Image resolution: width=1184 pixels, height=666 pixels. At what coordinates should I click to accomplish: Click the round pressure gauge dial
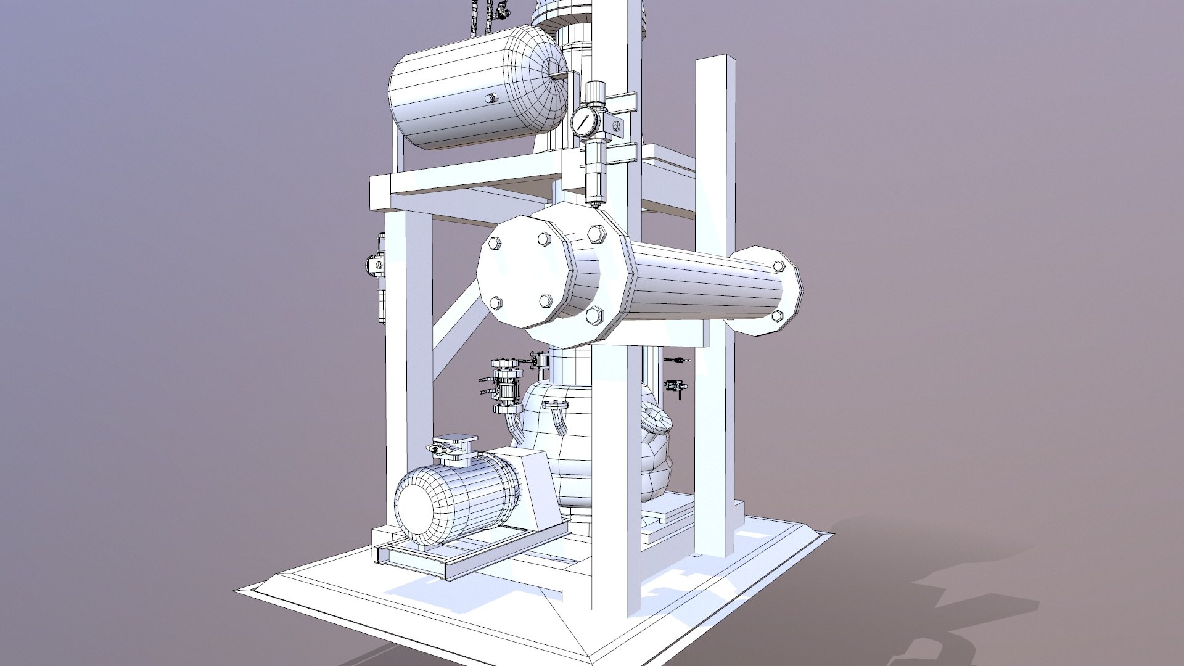(583, 121)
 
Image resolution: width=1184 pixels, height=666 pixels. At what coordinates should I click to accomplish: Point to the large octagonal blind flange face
(521, 271)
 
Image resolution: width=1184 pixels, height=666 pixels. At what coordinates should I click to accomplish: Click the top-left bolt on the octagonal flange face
(495, 244)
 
